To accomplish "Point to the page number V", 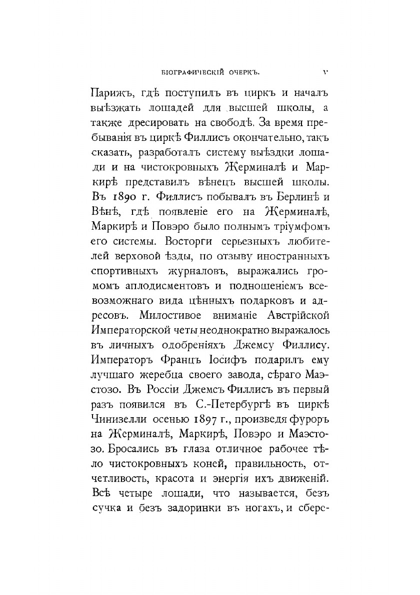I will [325, 70].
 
